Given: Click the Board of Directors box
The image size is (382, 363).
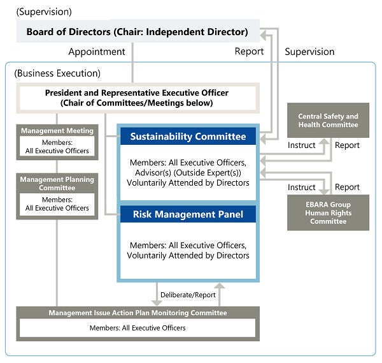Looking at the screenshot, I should tap(137, 31).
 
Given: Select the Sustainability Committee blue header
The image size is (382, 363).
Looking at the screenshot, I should tap(188, 137).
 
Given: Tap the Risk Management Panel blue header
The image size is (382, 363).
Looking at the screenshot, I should tap(188, 214).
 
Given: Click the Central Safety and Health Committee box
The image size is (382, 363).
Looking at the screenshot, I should tap(328, 121).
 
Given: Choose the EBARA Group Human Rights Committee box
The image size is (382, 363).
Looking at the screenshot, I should tap(328, 213).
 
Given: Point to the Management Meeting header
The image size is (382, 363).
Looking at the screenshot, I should tap(57, 131).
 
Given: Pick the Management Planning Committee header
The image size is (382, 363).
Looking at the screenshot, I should tap(57, 184).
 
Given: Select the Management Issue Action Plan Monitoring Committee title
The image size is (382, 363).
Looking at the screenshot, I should tap(138, 313).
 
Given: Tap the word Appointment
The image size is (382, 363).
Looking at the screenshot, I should tap(97, 52).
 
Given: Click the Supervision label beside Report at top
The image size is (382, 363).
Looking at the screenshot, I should tap(309, 52).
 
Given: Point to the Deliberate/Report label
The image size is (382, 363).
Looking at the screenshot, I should tap(188, 295).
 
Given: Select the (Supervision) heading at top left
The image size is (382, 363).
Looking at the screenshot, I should tap(44, 11).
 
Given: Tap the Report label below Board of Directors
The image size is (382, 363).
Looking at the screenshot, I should tap(249, 52).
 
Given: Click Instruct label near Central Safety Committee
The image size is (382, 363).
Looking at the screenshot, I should tap(301, 145).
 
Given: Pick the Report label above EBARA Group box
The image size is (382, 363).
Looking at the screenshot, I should tap(348, 187).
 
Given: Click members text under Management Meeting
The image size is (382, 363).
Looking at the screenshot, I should tap(57, 147).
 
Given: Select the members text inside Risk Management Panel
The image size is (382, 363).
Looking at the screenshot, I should tap(188, 250).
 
